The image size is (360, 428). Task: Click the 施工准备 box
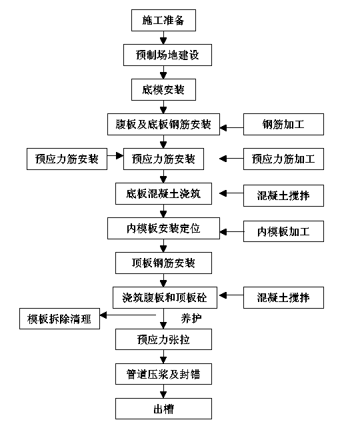coord(163,20)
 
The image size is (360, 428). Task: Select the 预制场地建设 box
coord(167,55)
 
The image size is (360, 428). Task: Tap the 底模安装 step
coord(163,89)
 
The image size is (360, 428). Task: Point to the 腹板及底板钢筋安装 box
coord(163,124)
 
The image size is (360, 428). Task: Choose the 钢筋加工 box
coord(283,124)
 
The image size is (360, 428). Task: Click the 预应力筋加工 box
coord(283,159)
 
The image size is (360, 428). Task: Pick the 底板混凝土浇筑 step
coord(163,193)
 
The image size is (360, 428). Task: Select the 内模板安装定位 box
coord(163,228)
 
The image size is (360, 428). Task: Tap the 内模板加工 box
coord(283,231)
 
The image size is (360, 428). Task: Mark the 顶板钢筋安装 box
coord(163,263)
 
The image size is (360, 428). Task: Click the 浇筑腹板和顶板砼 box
coord(165,297)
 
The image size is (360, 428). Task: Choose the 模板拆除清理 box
coord(59,319)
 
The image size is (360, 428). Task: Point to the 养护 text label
coord(191,318)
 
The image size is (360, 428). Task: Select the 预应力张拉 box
coord(163,339)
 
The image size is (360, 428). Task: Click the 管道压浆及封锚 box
coord(163,374)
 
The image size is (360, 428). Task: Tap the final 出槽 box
coord(163,409)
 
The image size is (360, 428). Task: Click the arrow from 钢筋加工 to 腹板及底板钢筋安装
coord(232,127)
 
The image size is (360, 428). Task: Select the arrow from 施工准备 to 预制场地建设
coord(163,38)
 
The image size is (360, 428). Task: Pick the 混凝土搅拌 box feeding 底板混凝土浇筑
coord(283,195)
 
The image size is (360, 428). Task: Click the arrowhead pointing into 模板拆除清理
coord(103,315)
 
